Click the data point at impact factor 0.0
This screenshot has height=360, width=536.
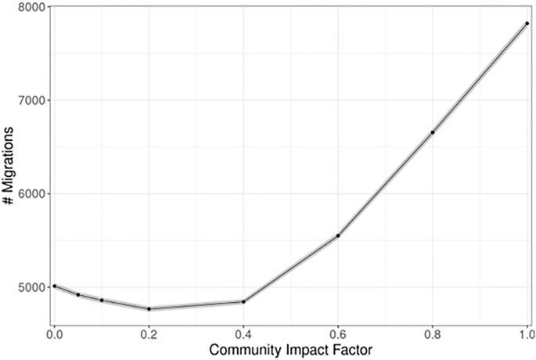[x=54, y=286]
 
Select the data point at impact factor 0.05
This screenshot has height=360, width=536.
[x=78, y=295]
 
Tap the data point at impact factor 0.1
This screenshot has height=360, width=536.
[x=102, y=301]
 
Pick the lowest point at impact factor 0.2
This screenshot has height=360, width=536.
[x=149, y=309]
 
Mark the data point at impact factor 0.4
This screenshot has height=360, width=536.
[x=243, y=301]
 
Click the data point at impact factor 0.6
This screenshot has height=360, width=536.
[x=338, y=236]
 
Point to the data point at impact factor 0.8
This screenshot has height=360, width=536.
[x=433, y=132]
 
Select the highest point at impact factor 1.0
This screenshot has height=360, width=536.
[x=527, y=23]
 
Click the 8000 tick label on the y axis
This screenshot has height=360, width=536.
[x=30, y=6]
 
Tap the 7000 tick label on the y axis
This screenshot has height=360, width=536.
[x=30, y=100]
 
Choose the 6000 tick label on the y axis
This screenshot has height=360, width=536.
[x=30, y=194]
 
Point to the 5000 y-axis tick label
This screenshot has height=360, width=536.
[x=30, y=287]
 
